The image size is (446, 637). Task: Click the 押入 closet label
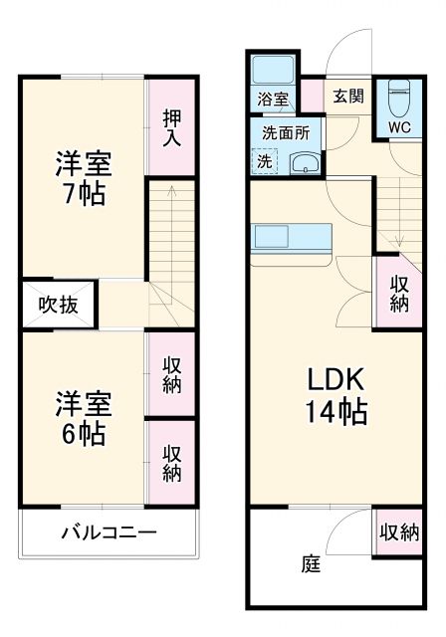click(171, 126)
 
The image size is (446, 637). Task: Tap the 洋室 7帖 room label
click(83, 177)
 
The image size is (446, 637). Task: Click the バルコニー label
click(108, 532)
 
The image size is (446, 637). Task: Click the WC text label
click(399, 127)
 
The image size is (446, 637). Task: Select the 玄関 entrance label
click(347, 97)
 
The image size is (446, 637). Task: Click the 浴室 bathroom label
click(273, 100)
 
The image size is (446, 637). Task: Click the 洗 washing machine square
click(264, 161)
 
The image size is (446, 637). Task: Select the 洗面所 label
click(286, 132)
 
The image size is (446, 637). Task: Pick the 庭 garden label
click(311, 564)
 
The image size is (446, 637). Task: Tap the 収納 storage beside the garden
click(398, 532)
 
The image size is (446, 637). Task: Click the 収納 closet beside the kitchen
click(398, 293)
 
